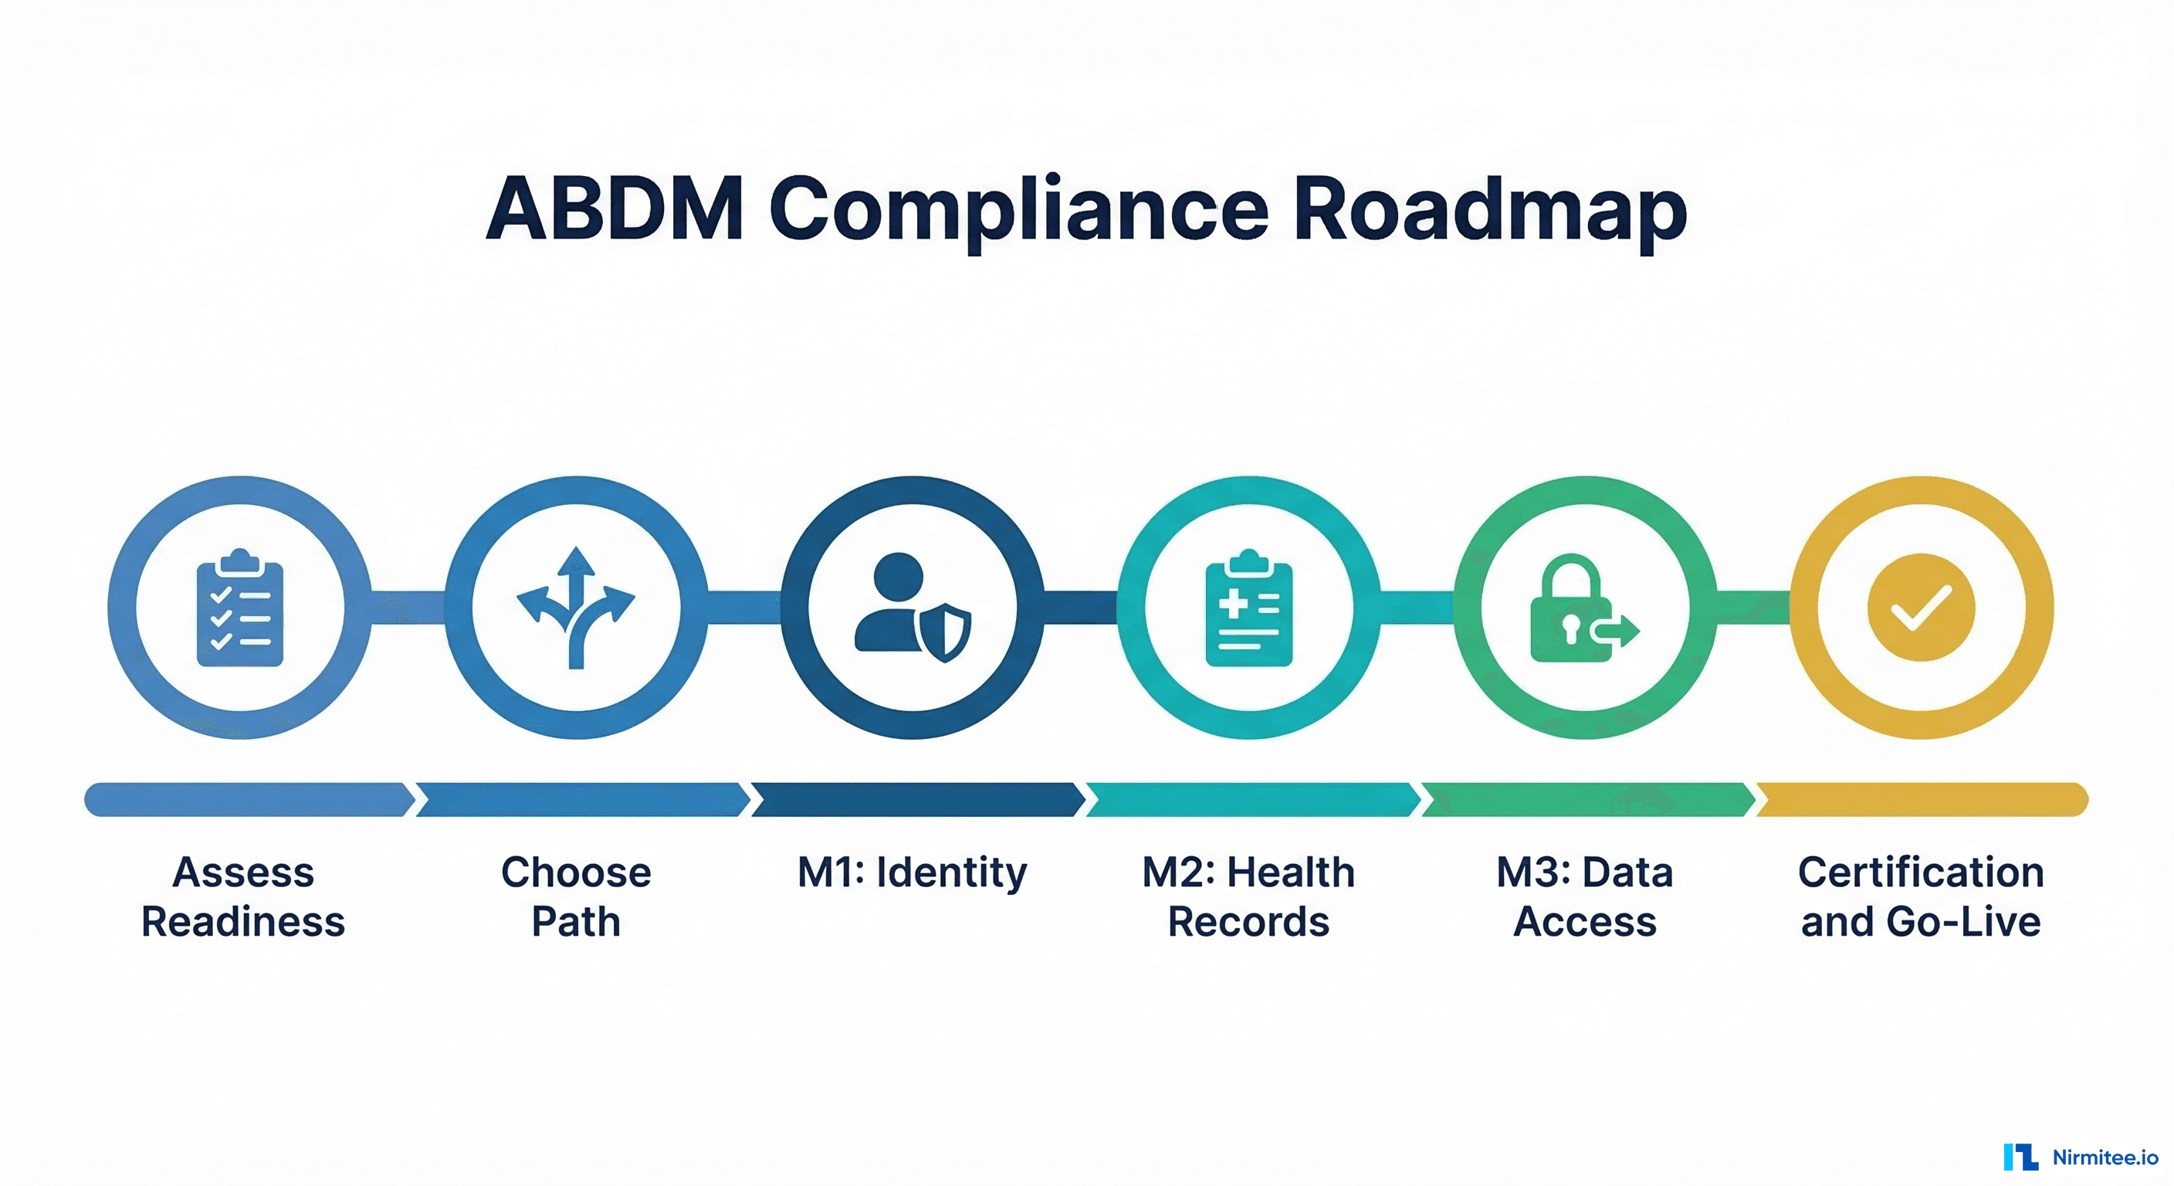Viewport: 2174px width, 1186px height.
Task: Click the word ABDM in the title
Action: (615, 208)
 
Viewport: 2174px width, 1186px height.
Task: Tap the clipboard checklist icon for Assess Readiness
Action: (239, 607)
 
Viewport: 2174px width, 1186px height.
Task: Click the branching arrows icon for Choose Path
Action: (576, 607)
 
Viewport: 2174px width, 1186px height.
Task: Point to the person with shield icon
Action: (912, 607)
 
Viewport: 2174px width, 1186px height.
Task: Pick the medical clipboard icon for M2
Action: (1248, 607)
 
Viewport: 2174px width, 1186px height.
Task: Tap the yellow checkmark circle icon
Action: (1921, 607)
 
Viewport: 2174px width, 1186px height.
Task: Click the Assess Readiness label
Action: (243, 896)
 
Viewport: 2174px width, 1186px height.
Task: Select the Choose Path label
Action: (576, 896)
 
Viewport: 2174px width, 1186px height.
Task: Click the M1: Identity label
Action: (912, 872)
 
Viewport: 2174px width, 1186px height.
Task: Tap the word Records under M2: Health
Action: (1248, 921)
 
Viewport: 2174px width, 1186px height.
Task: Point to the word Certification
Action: (1921, 872)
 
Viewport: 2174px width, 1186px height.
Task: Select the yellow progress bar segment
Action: (1921, 798)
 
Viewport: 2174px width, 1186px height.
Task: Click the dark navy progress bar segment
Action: (916, 798)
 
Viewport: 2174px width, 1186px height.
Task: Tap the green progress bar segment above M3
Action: (1586, 798)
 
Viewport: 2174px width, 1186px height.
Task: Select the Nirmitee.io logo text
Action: (2104, 1157)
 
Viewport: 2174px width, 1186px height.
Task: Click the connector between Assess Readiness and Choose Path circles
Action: (408, 607)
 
